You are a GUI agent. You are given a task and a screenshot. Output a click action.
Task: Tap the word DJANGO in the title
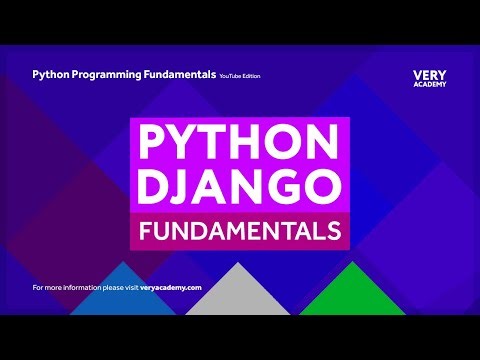tap(239, 187)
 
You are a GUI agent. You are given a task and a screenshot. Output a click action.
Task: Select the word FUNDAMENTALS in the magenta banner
tap(239, 231)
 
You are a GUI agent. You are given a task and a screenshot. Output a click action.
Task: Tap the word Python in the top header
tap(52, 74)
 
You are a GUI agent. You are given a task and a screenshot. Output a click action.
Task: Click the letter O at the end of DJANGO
tap(324, 187)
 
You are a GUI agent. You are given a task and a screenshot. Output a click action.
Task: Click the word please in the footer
tap(107, 287)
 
